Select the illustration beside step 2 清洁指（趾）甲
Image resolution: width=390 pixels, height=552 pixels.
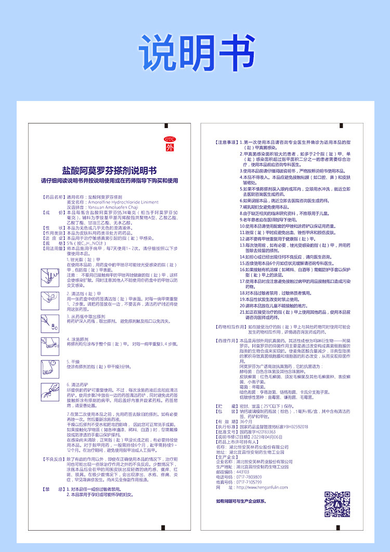47,298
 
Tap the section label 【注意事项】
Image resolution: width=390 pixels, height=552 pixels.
227,142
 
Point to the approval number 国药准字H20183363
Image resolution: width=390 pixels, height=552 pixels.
257,432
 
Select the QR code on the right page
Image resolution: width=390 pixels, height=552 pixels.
337,504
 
